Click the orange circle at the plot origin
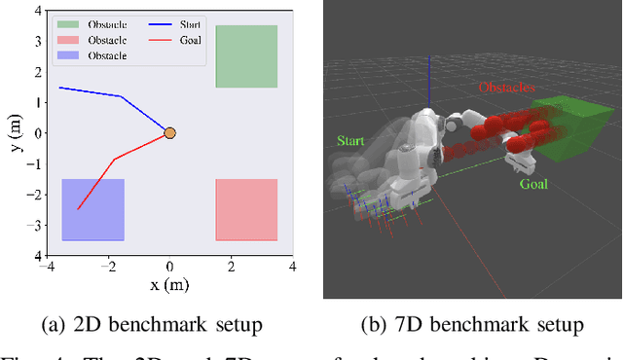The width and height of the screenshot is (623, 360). pyautogui.click(x=169, y=132)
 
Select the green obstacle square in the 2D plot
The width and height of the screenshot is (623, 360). pyautogui.click(x=246, y=56)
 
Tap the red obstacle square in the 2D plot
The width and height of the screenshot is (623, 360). pyautogui.click(x=246, y=209)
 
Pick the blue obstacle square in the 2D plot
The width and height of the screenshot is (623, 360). pyautogui.click(x=93, y=209)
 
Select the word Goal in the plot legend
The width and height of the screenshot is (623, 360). pyautogui.click(x=191, y=40)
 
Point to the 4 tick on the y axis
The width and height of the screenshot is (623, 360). pyautogui.click(x=37, y=11)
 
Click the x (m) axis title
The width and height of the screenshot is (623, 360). pyautogui.click(x=169, y=284)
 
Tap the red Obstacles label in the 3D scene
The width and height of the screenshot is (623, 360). pyautogui.click(x=506, y=88)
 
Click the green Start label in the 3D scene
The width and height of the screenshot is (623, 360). pyautogui.click(x=350, y=141)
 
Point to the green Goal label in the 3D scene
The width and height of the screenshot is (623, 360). pyautogui.click(x=532, y=183)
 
